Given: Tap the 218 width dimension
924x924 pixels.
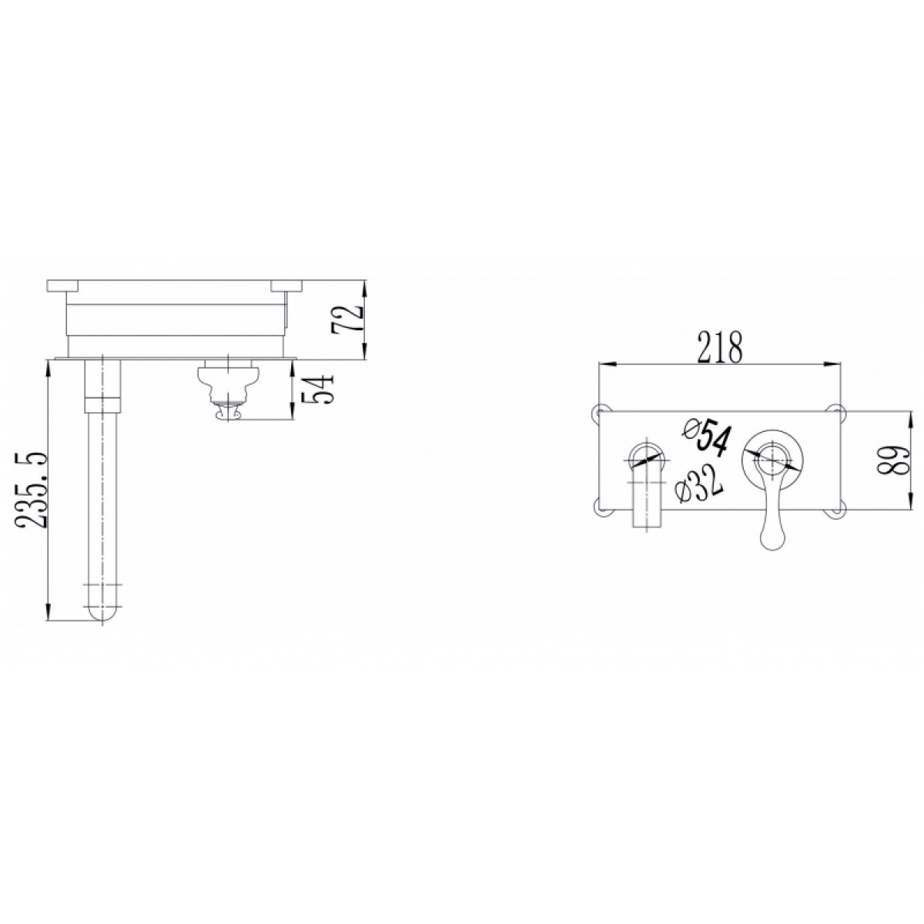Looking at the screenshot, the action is [x=720, y=346].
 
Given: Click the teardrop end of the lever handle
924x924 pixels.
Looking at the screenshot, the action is [x=772, y=536].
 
